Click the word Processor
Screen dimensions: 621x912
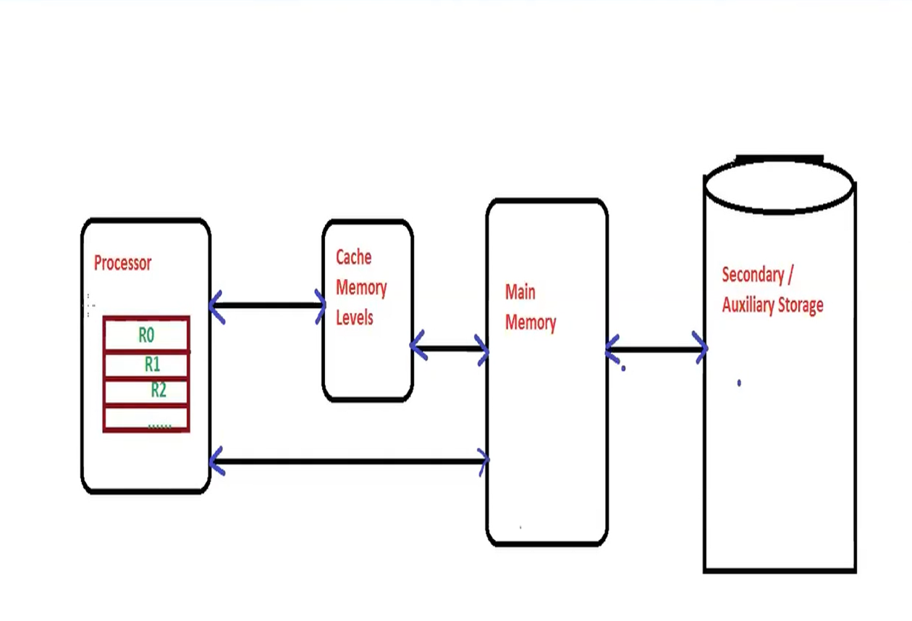(122, 263)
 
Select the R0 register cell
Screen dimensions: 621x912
(146, 335)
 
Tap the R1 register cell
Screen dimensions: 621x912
(146, 364)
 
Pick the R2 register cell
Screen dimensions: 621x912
(146, 391)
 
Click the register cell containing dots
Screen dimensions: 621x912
(146, 419)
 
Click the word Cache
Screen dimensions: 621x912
(354, 257)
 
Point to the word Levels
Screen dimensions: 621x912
(355, 317)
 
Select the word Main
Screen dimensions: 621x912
(520, 292)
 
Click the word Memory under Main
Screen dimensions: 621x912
(531, 322)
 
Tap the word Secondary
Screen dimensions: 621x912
(753, 275)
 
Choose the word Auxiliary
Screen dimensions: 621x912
(747, 305)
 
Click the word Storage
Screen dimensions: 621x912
(800, 305)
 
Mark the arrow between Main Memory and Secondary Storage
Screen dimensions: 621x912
(656, 350)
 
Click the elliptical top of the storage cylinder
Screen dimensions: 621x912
(780, 186)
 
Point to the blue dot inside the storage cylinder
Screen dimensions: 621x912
(739, 383)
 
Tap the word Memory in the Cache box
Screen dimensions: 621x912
(361, 288)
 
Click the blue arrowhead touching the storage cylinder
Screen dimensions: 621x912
(700, 348)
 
